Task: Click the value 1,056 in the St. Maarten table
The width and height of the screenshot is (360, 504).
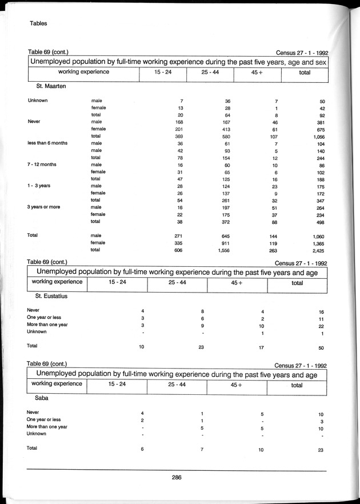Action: coord(317,137)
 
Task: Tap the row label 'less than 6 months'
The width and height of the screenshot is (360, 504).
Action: coord(47,143)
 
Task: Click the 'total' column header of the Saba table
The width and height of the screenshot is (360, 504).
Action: coord(297,385)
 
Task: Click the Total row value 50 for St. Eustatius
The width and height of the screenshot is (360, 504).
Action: coord(321,348)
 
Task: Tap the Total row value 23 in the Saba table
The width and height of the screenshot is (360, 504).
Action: coord(321,450)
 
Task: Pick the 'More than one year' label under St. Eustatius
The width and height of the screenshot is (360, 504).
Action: coord(47,325)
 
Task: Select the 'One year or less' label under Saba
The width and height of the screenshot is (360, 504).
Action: coord(45,419)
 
